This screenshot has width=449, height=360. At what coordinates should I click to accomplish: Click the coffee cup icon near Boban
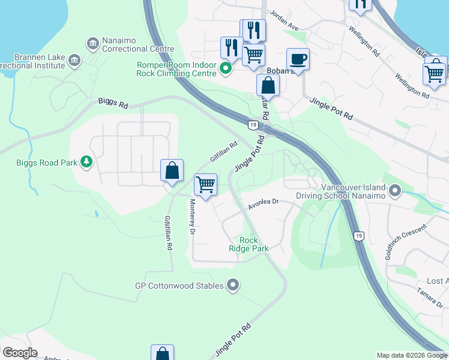pos(298,59)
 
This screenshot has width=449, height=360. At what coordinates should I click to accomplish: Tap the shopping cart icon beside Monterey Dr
pos(205,184)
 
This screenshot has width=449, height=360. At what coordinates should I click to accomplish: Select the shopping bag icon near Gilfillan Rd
pos(172,170)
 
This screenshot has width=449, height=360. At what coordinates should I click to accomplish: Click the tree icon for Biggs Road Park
pos(87,162)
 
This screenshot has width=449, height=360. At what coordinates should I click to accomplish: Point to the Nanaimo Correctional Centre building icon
pos(92,43)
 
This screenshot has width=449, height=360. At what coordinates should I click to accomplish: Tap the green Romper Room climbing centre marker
pos(226,68)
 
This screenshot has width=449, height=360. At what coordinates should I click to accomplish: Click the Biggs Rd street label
pos(113,104)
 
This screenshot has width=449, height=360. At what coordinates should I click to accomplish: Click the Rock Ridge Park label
pos(248,244)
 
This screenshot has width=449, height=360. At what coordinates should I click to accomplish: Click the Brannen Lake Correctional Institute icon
pos(74,59)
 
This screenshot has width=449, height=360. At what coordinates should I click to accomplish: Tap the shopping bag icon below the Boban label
pos(268,85)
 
